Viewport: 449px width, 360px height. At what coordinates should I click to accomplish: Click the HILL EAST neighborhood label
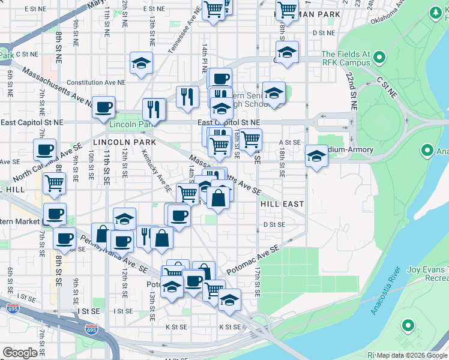click(x=282, y=204)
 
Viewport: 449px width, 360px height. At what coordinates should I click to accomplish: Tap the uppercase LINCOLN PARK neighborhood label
click(x=124, y=142)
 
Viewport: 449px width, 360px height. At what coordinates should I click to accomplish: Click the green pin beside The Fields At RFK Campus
click(x=379, y=58)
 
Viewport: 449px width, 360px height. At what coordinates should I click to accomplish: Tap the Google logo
click(x=20, y=353)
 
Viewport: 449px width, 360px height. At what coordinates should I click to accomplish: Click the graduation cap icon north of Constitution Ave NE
click(x=142, y=62)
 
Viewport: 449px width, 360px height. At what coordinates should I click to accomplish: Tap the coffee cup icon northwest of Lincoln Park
click(x=104, y=107)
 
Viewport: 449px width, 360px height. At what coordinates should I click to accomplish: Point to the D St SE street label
click(x=274, y=224)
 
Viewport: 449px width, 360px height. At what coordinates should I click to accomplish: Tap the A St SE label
click(x=289, y=142)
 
